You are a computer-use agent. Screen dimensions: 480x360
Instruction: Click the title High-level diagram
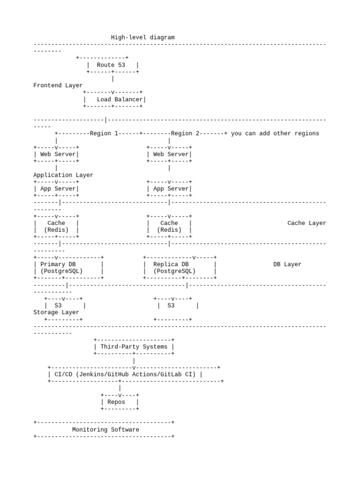point(142,37)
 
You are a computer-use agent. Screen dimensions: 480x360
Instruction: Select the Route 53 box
point(112,65)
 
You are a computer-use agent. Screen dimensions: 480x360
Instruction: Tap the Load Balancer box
point(114,99)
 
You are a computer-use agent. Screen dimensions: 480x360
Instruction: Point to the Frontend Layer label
point(58,85)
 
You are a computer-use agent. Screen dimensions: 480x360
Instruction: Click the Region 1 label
point(100,134)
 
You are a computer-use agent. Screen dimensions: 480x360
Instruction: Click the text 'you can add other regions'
point(275,134)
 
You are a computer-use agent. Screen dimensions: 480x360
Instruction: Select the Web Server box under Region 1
point(56,154)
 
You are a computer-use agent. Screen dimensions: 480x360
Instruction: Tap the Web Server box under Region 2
point(169,154)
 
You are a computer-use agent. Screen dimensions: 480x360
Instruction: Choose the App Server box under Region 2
point(169,189)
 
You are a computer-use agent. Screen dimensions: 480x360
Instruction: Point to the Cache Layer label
point(307,223)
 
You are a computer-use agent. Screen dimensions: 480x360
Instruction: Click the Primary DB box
point(68,268)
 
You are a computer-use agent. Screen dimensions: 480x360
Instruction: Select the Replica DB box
point(180,268)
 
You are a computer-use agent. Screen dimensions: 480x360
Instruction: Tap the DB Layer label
point(287,264)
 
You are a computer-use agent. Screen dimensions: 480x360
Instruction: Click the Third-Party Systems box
point(134,347)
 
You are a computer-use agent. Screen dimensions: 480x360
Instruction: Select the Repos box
point(120,402)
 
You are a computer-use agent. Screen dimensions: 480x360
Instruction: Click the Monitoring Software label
point(105,429)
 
